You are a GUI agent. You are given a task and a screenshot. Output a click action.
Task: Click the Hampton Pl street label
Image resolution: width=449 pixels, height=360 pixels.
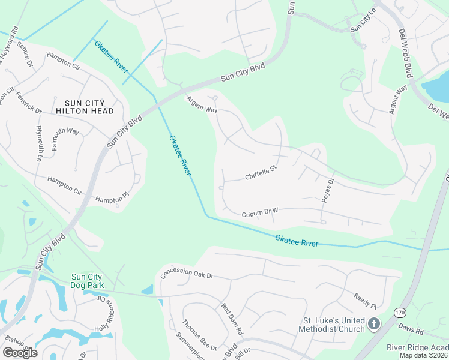tap(112, 199)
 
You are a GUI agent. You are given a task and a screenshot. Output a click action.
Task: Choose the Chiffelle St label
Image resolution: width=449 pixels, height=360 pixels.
tap(260, 173)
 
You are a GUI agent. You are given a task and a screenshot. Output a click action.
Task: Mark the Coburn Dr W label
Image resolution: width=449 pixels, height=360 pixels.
tap(261, 213)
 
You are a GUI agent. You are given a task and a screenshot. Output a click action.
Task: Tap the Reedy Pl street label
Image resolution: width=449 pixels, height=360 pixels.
tap(364, 299)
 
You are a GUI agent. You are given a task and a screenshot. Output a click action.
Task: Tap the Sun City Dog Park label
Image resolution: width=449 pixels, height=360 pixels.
tap(88, 281)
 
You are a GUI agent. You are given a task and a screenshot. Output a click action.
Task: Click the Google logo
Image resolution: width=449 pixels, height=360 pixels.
tap(20, 352)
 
